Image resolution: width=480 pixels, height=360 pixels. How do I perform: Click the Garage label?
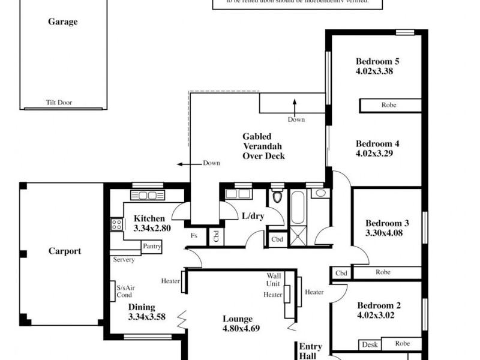pos(62,22)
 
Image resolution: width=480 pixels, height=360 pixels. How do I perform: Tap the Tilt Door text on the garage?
pos(59,103)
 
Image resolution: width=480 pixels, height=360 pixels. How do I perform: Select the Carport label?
pos(64,251)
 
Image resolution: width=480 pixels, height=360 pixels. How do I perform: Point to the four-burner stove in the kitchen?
pos(116,224)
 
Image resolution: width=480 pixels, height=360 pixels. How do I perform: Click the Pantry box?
pos(152,246)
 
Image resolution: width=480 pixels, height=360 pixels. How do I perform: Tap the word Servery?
pos(124,260)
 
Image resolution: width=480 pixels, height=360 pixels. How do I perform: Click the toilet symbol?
pos(277,196)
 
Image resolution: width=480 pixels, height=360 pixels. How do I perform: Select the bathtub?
pos(297,207)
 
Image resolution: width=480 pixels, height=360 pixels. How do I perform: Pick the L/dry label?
pos(253,215)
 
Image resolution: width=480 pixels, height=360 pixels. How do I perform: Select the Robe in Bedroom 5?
pos(389,105)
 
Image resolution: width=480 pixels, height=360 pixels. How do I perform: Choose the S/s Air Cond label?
pos(125,292)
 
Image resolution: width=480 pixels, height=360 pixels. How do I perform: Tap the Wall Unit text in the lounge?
pos(274,280)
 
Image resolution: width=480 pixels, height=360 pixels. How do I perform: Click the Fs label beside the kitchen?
pos(194,236)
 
